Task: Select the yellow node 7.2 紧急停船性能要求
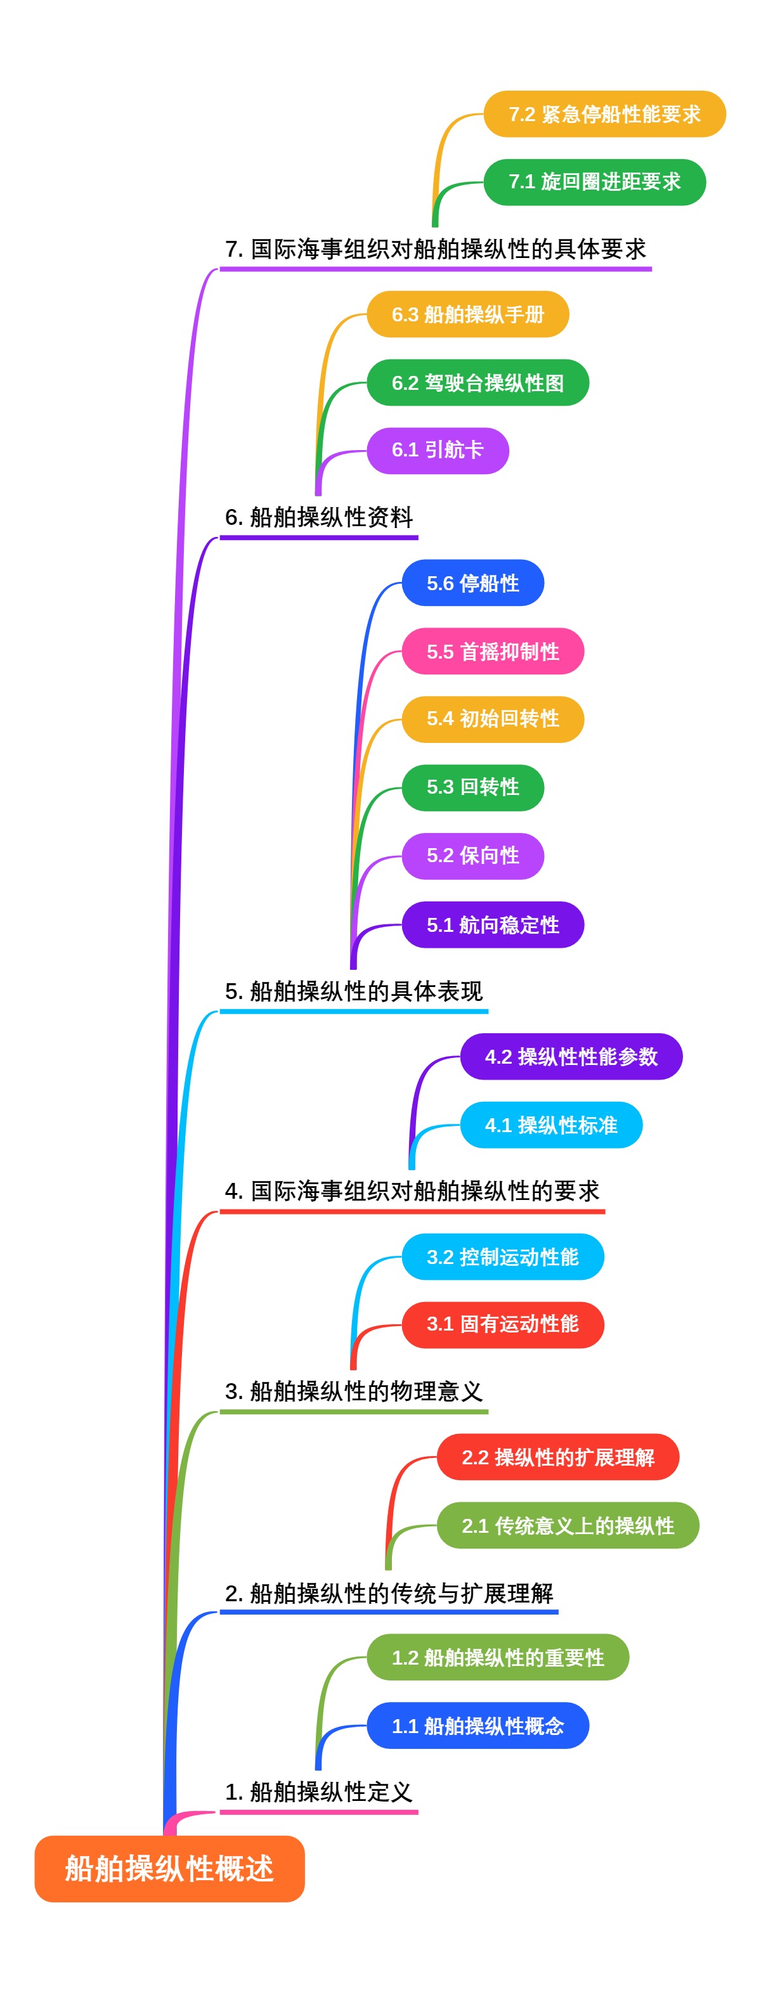point(604,115)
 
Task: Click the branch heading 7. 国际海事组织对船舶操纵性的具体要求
point(435,249)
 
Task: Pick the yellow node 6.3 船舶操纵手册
point(467,314)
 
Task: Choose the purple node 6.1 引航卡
point(438,450)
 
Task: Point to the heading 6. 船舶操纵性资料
point(319,517)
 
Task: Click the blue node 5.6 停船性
point(472,583)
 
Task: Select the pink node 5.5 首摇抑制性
point(492,652)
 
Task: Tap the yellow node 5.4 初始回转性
point(492,719)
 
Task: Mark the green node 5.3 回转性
point(472,787)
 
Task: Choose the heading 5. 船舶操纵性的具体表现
point(354,991)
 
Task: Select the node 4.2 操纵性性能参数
point(571,1057)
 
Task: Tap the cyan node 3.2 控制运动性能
point(502,1257)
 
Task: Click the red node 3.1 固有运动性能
point(502,1324)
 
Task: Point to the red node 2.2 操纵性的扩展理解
point(557,1457)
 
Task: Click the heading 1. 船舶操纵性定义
point(319,1792)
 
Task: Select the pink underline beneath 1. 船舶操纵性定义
point(319,1812)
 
